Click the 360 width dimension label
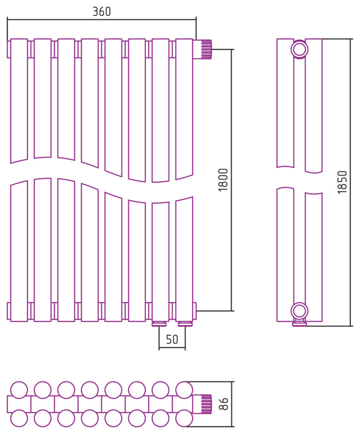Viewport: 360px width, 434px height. [101, 12]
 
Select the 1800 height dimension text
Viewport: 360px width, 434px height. [223, 180]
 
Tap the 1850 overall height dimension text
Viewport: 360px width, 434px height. [342, 182]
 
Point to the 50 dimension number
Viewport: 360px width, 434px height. [172, 340]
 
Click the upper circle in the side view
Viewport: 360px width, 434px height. [300, 49]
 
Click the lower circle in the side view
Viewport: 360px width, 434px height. [300, 311]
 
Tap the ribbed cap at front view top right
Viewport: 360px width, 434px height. [205, 49]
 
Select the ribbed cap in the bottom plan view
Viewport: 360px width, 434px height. [205, 404]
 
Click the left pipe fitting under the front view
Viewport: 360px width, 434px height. [159, 324]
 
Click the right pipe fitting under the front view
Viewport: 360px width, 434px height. [185, 324]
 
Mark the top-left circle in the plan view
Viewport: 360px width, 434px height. [19, 389]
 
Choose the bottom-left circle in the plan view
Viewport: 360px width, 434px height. [19, 419]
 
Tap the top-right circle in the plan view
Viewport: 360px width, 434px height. [184, 389]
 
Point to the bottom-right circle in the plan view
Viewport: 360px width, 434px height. [184, 419]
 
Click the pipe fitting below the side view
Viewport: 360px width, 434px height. [300, 324]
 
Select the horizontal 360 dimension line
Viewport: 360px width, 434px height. [101, 19]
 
